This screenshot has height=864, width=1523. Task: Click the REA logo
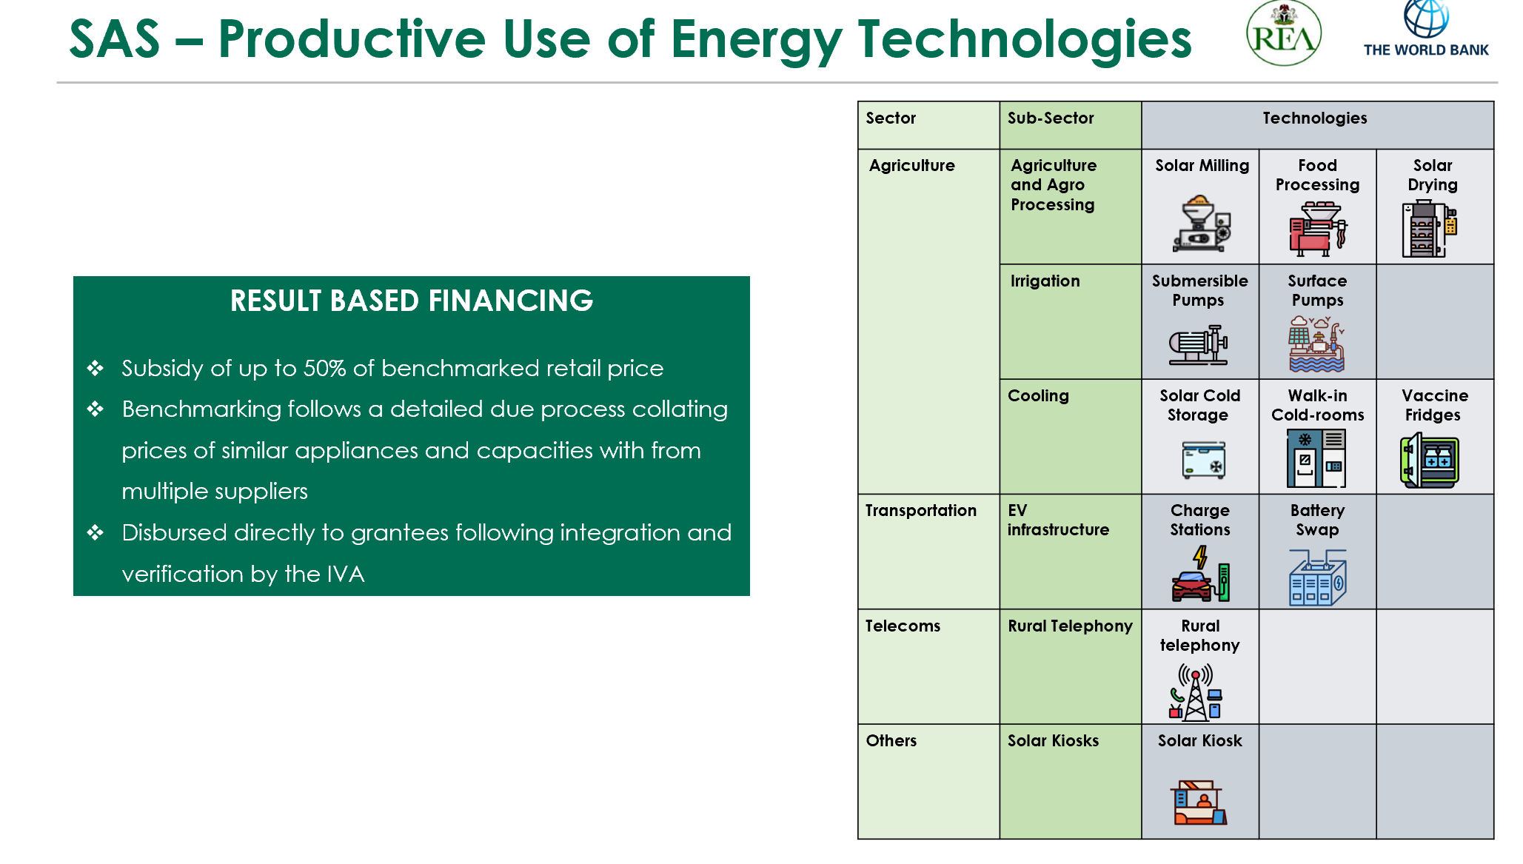click(x=1283, y=33)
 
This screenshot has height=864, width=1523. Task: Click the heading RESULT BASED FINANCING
click(x=412, y=301)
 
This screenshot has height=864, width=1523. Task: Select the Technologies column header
click(x=1315, y=118)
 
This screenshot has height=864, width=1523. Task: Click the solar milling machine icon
click(x=1202, y=224)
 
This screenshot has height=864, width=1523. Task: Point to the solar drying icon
click(x=1430, y=229)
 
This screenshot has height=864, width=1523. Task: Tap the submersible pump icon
click(x=1199, y=345)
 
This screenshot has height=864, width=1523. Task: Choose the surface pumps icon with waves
click(x=1316, y=344)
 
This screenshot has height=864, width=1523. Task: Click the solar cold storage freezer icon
click(x=1203, y=460)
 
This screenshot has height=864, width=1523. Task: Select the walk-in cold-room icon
click(x=1316, y=458)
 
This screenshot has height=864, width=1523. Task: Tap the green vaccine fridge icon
click(x=1430, y=461)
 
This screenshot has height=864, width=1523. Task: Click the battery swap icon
click(x=1318, y=577)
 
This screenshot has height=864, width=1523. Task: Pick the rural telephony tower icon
click(x=1196, y=692)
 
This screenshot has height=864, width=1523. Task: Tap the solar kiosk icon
click(x=1199, y=803)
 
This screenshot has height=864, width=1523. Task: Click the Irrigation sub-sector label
click(x=1045, y=281)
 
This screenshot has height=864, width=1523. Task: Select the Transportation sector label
click(x=921, y=511)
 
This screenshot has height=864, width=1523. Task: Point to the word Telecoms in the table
click(x=903, y=626)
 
